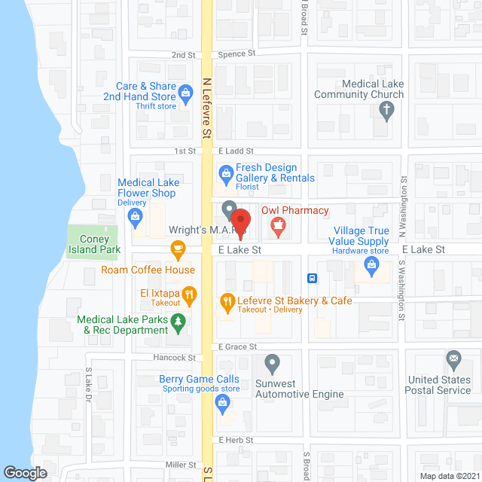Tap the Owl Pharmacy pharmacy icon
277,224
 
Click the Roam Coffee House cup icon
178,248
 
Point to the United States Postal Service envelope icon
454,358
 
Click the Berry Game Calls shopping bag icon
224,401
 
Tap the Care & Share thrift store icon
186,93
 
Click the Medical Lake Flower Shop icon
136,219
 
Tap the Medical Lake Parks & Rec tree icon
178,323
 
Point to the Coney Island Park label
100,244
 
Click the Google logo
25,472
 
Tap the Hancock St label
182,358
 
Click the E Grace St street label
238,347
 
